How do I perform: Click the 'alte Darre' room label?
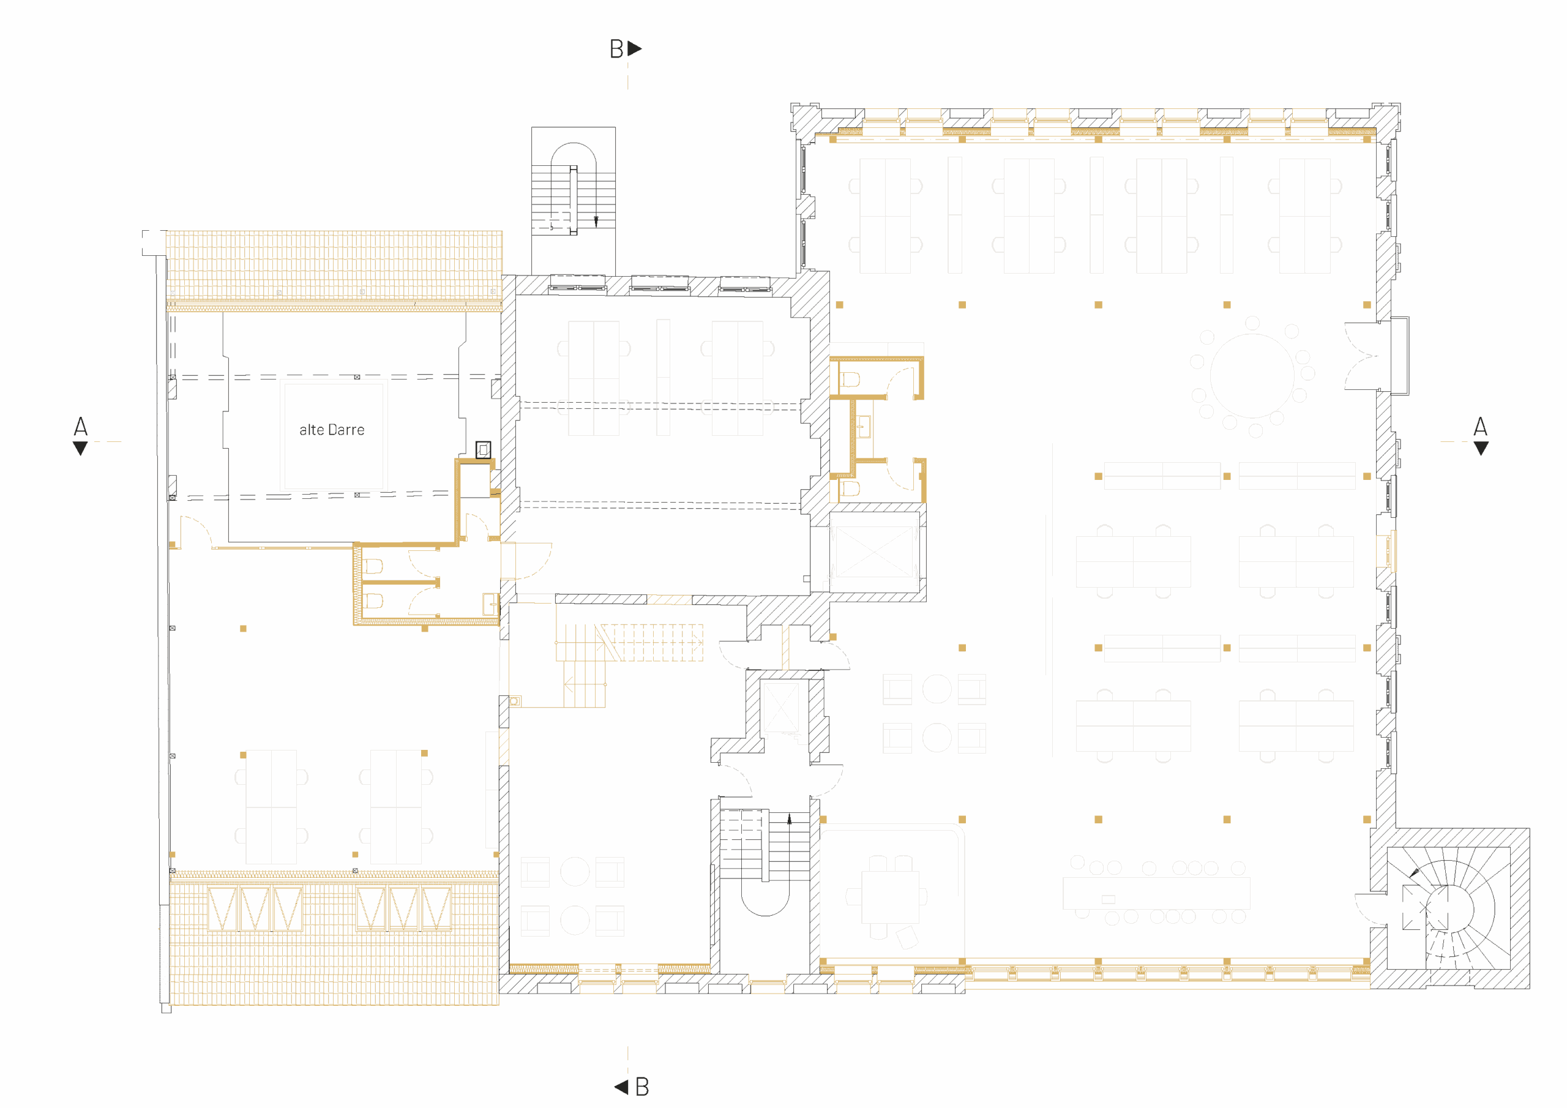pos(332,429)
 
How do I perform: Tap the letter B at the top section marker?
pos(616,49)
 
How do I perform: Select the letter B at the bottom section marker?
pos(642,1087)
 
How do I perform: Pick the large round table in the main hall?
pos(1252,375)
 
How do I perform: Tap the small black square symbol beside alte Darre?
pos(483,450)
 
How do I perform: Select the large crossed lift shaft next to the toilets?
pos(874,552)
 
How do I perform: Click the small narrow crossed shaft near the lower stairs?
pos(779,706)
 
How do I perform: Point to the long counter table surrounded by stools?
pos(1156,893)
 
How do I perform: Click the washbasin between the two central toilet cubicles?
pos(863,427)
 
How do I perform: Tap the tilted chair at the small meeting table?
pos(908,937)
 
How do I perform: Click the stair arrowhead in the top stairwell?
pos(596,221)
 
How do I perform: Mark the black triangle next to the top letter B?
pos(635,48)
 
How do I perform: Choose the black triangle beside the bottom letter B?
pos(621,1087)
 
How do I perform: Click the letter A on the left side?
pos(81,427)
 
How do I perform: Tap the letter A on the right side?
pos(1480,427)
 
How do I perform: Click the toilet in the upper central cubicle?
pos(850,380)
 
